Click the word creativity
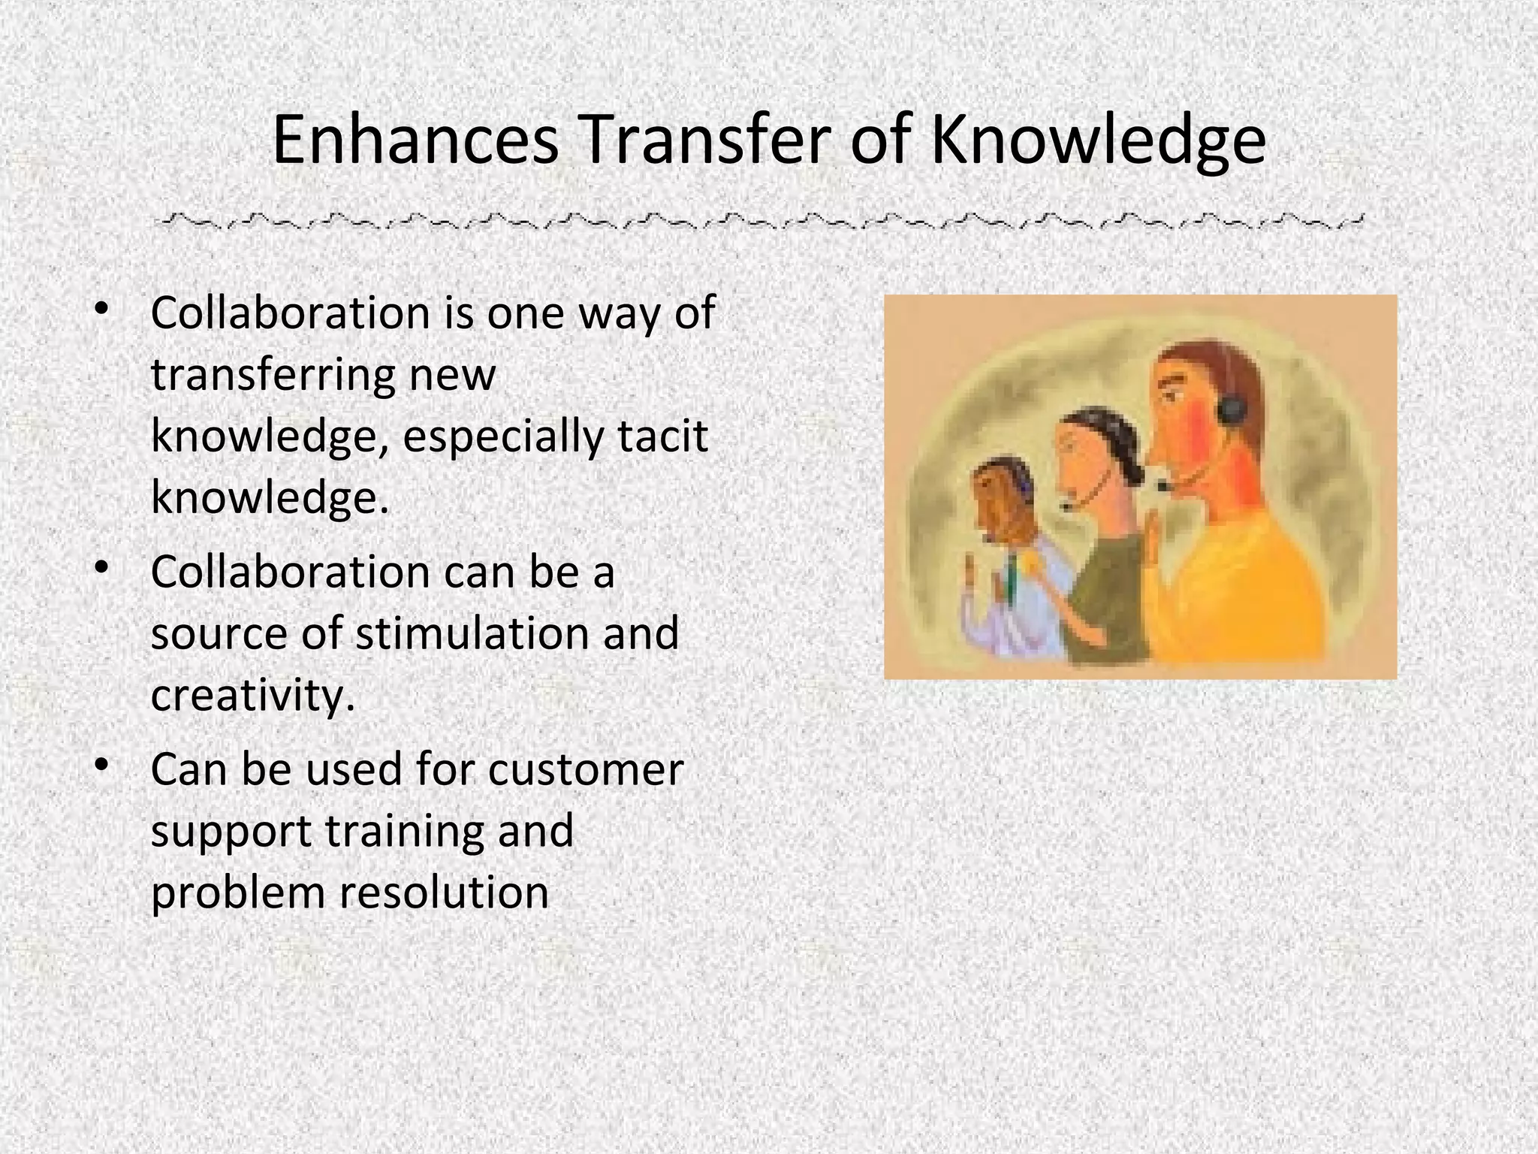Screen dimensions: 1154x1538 [252, 696]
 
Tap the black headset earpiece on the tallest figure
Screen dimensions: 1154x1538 [1231, 410]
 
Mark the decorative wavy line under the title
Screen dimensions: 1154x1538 [758, 222]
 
